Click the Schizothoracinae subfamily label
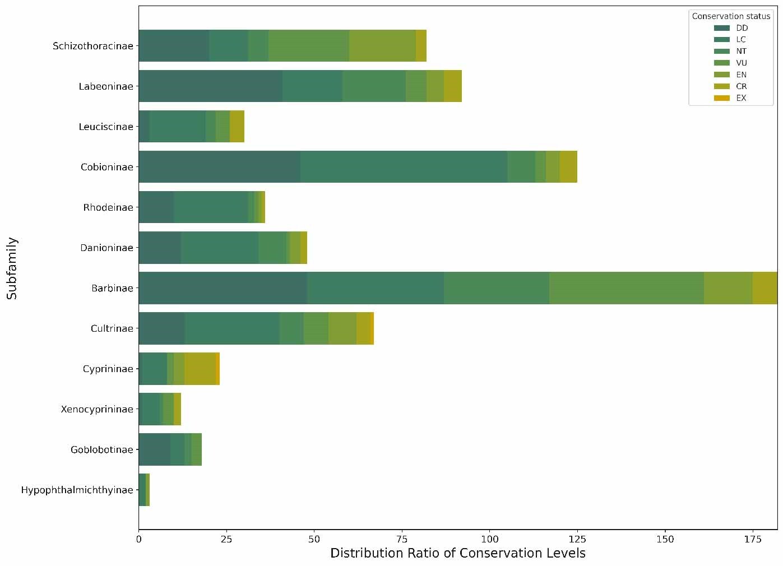(93, 46)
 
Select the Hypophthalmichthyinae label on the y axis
(77, 490)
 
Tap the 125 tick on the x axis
(577, 539)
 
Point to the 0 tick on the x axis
(139, 539)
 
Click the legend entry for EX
(741, 98)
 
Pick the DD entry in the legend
(742, 28)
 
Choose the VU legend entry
(741, 63)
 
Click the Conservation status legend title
(731, 16)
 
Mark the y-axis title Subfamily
(12, 268)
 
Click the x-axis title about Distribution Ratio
(457, 554)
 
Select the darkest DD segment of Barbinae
(223, 288)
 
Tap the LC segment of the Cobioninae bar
(404, 167)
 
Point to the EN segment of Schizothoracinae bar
(382, 46)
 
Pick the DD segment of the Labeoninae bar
(210, 86)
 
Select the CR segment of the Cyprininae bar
(200, 369)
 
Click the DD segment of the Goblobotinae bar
(155, 449)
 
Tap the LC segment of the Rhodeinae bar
(211, 207)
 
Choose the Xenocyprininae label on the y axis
(97, 410)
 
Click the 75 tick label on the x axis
(402, 539)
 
